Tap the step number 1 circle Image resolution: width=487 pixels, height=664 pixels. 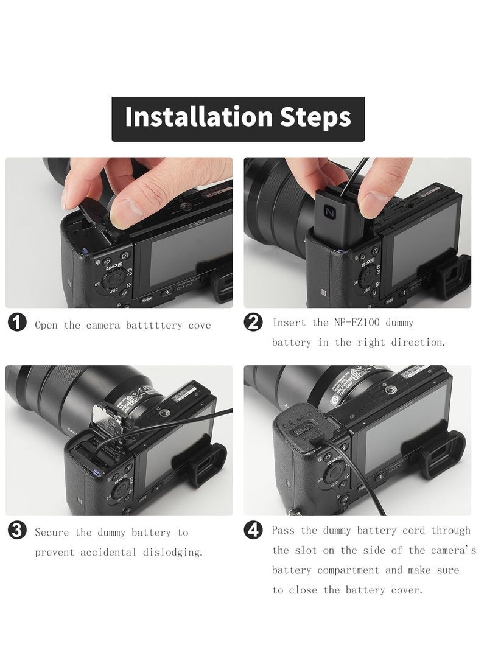click(x=18, y=323)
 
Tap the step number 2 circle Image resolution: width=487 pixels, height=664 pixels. click(x=253, y=322)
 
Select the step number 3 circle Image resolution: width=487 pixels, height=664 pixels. click(x=18, y=531)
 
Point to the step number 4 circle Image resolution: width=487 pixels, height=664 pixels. click(x=253, y=530)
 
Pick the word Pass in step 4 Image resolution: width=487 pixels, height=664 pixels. click(x=283, y=530)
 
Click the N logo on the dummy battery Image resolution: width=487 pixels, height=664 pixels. click(x=329, y=211)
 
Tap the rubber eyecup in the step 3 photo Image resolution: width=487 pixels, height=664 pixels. click(x=202, y=463)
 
